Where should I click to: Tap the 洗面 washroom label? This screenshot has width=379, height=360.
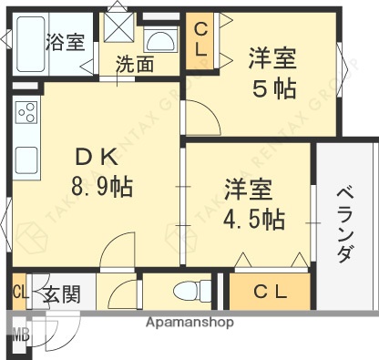(133, 65)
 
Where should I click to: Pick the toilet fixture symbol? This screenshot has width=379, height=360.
(187, 293)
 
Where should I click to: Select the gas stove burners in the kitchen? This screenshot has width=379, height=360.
(26, 115)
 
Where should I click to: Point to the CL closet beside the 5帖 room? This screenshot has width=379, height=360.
(200, 44)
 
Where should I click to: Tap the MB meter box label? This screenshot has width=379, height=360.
(20, 334)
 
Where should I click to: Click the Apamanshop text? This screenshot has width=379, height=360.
(189, 323)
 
